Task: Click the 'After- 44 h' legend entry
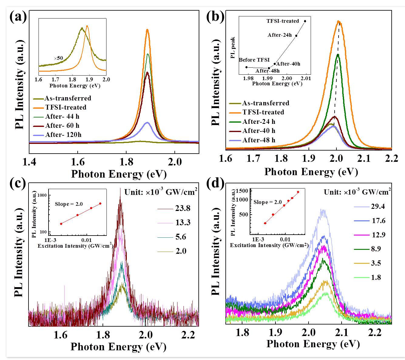62,116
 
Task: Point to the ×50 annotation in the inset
58,58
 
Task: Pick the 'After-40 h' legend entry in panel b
259,131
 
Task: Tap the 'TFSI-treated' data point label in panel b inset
283,21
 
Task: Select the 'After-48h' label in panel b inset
267,71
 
